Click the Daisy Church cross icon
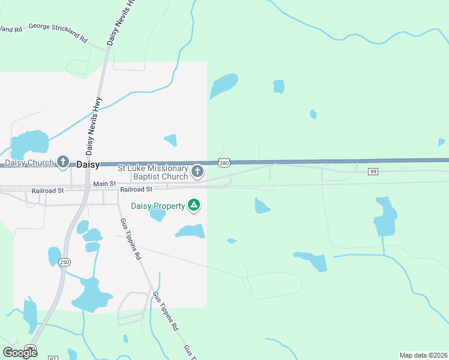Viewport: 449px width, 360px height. click(63, 162)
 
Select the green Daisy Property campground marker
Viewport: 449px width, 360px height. click(194, 206)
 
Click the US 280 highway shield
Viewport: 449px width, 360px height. click(223, 163)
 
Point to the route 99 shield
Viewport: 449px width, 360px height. click(373, 172)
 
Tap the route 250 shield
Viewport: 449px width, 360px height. click(64, 262)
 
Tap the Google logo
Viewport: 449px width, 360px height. click(20, 352)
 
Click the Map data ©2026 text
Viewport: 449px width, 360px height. click(423, 355)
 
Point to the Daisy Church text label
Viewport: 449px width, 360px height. click(29, 163)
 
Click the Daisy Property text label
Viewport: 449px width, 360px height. click(158, 206)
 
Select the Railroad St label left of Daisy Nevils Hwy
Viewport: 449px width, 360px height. click(47, 190)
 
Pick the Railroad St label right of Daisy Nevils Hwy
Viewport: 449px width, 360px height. click(136, 190)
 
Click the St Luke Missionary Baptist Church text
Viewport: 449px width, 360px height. click(152, 173)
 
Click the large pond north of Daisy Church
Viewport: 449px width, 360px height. click(31, 143)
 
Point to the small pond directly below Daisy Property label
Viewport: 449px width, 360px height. click(157, 215)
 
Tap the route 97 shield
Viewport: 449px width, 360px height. click(52, 358)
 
